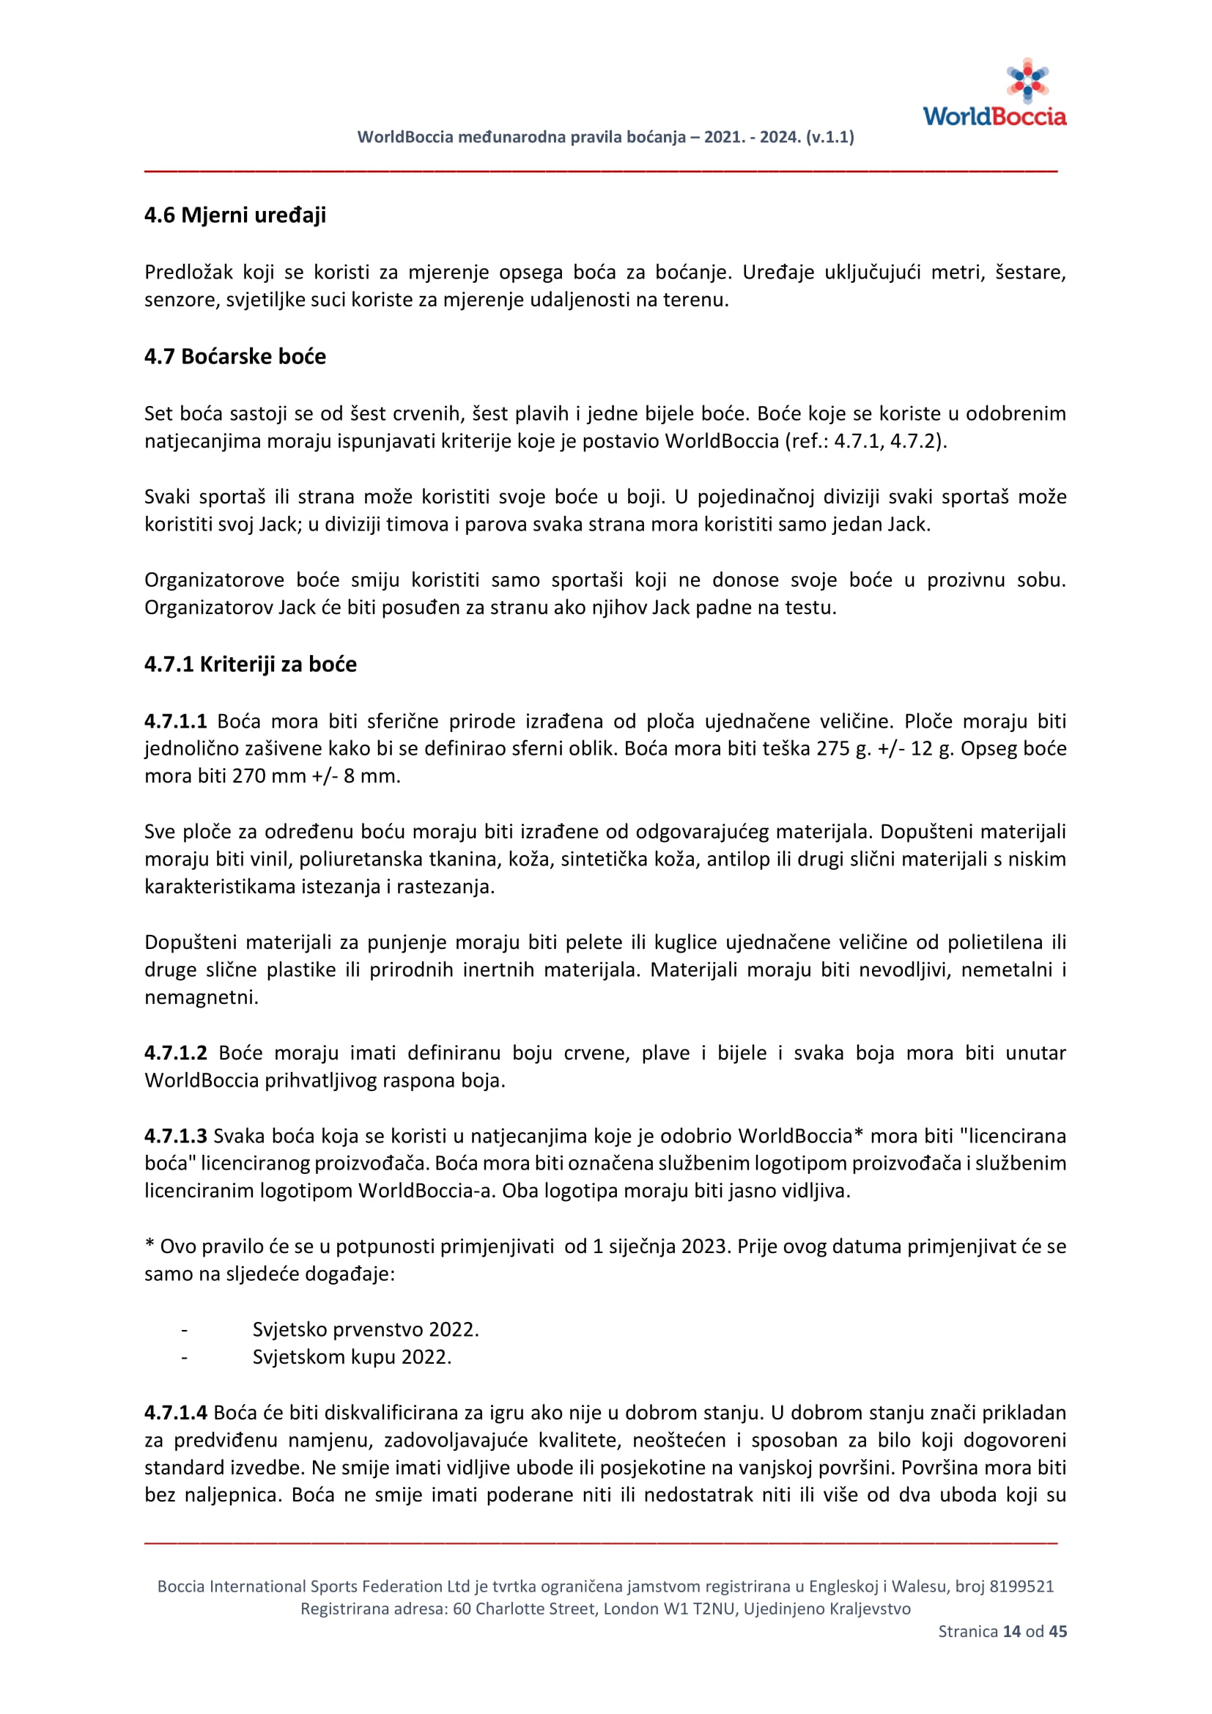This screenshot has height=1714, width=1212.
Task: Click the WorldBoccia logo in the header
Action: click(994, 93)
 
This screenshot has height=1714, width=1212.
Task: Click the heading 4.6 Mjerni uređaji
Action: click(235, 215)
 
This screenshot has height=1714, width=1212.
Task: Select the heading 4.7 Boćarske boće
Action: click(235, 356)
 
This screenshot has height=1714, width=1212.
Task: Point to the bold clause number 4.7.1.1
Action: click(175, 721)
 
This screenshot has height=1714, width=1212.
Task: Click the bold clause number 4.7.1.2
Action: click(175, 1052)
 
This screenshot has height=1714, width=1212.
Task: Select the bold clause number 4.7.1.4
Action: click(175, 1412)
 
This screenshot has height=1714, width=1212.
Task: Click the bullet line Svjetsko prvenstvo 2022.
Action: click(365, 1329)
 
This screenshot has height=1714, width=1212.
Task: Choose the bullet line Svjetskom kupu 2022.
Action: click(352, 1357)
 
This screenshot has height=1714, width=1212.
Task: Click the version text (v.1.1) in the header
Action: click(830, 137)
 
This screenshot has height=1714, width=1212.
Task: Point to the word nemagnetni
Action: click(201, 997)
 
